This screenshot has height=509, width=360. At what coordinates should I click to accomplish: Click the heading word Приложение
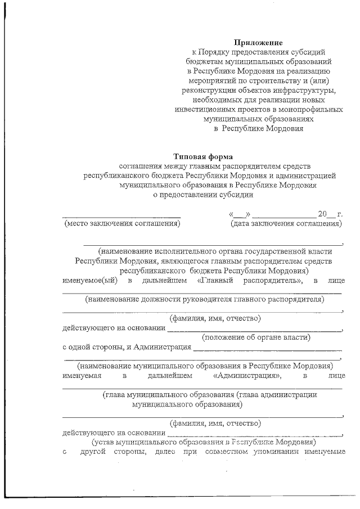tap(258, 42)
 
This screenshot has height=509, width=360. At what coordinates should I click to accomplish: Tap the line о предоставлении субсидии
tap(204, 195)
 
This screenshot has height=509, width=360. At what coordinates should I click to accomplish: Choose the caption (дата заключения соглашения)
tap(286, 224)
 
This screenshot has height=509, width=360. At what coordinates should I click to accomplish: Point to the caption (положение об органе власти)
tap(256, 337)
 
